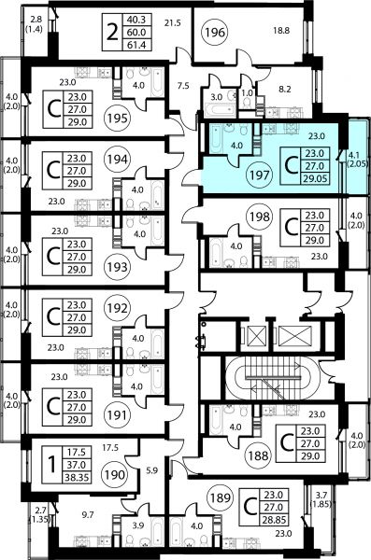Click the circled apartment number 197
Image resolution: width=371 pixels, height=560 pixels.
260,175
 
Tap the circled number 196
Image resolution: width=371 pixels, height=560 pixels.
215,33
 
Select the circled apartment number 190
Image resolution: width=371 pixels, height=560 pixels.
115,475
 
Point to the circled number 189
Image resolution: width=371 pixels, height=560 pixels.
220,497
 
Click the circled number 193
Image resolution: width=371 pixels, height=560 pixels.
117,267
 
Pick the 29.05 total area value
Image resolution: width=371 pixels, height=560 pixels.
315,178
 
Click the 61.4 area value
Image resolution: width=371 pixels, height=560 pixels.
136,45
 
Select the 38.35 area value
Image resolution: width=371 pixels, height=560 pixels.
77,477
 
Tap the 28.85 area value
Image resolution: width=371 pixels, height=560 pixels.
274,520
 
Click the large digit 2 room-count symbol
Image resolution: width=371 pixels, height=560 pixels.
112,33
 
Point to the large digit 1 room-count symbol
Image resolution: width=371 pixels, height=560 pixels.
52,465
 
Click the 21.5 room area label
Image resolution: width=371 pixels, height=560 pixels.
173,23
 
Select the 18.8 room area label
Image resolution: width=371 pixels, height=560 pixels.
281,31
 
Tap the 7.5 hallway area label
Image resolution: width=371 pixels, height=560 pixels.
183,86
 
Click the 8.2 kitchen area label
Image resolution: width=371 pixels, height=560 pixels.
285,89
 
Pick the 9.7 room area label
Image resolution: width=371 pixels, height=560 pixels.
88,514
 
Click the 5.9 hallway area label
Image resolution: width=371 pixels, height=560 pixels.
151,470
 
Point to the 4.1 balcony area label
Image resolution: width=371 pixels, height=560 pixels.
353,155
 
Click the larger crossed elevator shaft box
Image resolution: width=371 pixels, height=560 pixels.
295,336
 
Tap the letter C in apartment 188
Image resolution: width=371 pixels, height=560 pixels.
287,443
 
